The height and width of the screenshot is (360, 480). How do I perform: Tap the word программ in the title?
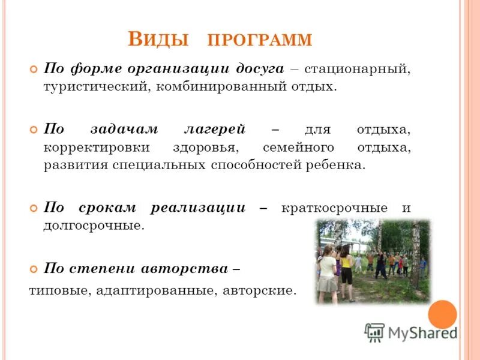pyautogui.click(x=260, y=41)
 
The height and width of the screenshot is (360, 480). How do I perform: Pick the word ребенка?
pyautogui.click(x=336, y=165)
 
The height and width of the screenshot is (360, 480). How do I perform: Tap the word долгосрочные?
pyautogui.click(x=94, y=226)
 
